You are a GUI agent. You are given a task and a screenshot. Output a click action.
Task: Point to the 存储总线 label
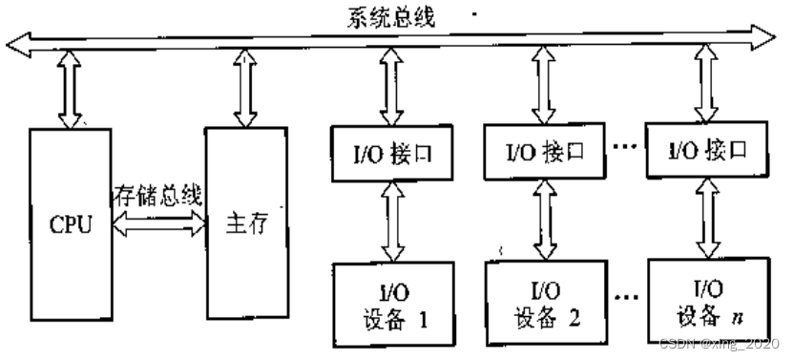pyautogui.click(x=157, y=198)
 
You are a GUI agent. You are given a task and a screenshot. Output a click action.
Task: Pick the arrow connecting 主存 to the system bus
pyautogui.click(x=245, y=89)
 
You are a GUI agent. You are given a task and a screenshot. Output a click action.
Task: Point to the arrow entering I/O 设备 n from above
pyautogui.click(x=706, y=220)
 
